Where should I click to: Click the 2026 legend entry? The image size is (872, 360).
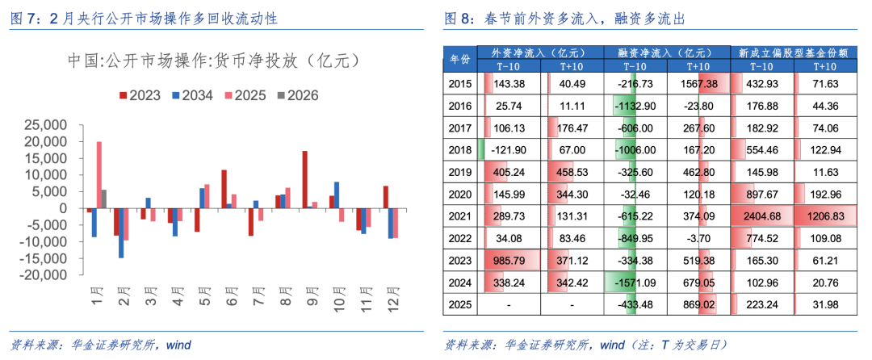click(x=298, y=95)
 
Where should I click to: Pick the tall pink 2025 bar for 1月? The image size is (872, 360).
click(x=99, y=174)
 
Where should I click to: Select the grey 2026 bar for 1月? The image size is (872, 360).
click(x=103, y=199)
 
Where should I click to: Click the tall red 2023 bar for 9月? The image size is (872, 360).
click(x=304, y=179)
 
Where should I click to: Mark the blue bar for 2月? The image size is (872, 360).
click(x=121, y=232)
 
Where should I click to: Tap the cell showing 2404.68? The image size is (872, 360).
click(x=761, y=217)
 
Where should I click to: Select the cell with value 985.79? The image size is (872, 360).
click(x=514, y=261)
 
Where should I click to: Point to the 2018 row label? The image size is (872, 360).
click(x=459, y=150)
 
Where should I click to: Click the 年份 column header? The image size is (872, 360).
click(x=459, y=59)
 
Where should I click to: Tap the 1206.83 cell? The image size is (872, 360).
click(x=825, y=217)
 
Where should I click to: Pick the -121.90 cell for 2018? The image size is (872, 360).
click(x=514, y=150)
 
